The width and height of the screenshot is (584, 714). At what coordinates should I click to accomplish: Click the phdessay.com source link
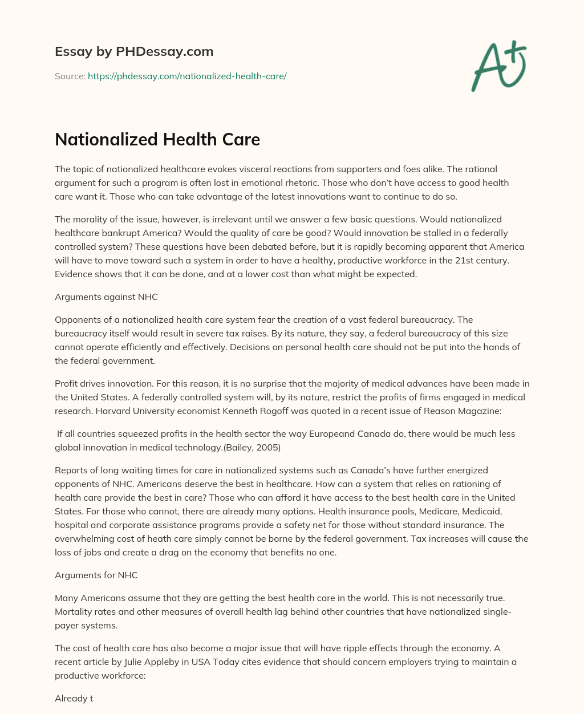186,76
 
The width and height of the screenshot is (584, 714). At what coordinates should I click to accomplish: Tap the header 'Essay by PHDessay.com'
134,51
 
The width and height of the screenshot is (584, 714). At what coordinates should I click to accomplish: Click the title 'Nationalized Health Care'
157,140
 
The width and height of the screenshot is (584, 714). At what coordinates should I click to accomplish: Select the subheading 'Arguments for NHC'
96,575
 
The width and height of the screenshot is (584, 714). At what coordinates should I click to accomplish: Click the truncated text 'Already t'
74,698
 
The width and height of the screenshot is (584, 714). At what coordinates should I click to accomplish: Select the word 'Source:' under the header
70,76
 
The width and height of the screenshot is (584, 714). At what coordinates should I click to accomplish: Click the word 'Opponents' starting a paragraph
77,319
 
